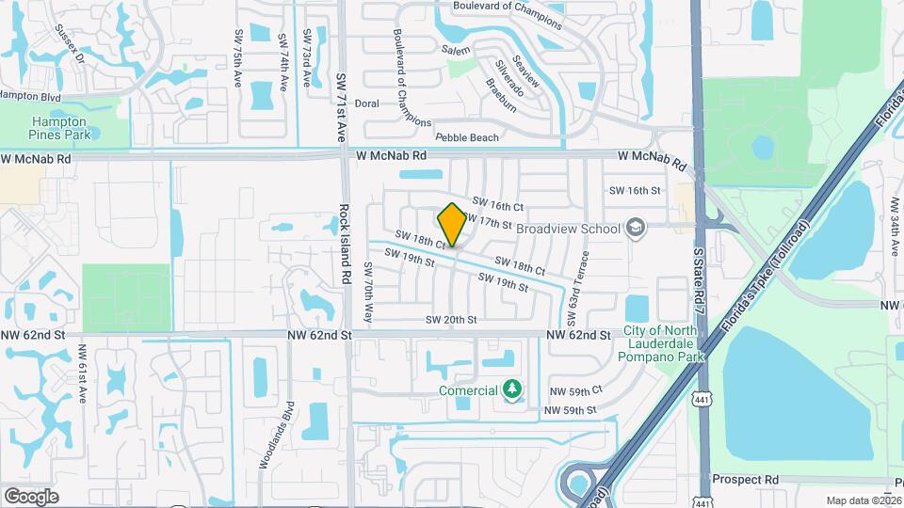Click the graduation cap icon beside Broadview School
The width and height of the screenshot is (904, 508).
(x=636, y=228)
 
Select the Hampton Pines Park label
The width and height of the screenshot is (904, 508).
(x=59, y=128)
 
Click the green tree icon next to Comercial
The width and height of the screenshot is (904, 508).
(x=511, y=389)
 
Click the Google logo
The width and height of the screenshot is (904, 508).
(x=30, y=496)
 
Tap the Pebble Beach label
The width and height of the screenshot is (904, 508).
(x=467, y=137)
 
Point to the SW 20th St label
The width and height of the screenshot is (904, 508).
(x=451, y=320)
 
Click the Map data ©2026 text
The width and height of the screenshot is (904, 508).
(x=864, y=500)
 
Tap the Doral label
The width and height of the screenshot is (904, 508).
(x=366, y=103)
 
